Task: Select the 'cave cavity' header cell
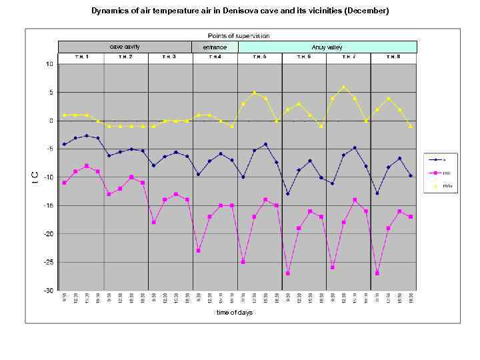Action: tap(125, 47)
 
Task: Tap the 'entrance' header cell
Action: tap(215, 47)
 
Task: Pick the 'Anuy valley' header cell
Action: tap(327, 47)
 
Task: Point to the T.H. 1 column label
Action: tap(81, 57)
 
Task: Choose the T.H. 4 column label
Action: tap(215, 57)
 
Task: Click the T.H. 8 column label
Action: tap(393, 57)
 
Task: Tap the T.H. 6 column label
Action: tap(304, 57)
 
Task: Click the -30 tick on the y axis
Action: tap(49, 291)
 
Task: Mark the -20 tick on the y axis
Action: tap(49, 234)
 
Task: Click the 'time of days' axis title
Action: tap(235, 313)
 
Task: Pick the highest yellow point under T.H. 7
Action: tap(344, 87)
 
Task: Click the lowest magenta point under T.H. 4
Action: tap(199, 251)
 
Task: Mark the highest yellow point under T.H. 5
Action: tap(255, 93)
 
